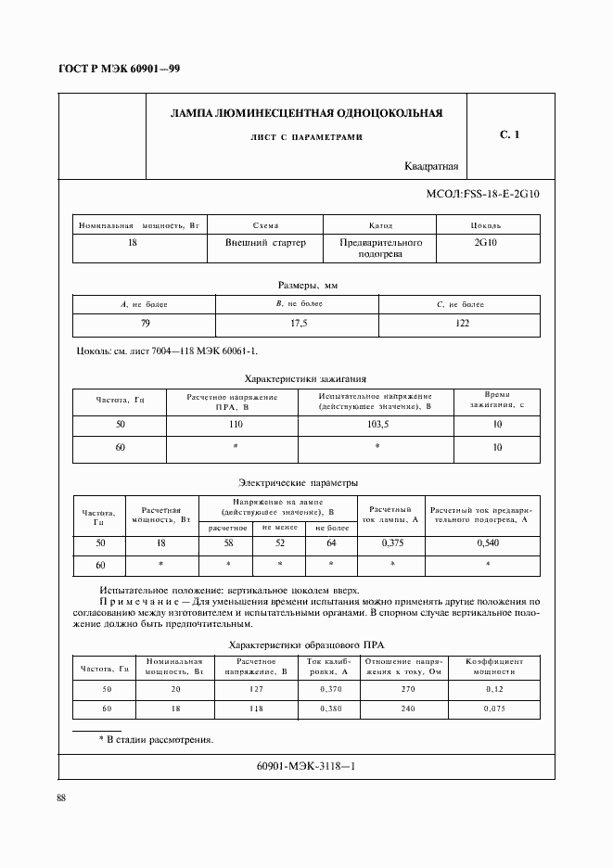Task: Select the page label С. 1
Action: pos(509,135)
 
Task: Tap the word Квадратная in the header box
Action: pos(432,167)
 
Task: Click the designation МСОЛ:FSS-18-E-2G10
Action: pos(481,195)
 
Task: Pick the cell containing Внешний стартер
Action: pos(259,242)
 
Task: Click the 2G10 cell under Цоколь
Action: pos(485,242)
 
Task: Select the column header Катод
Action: pos(381,225)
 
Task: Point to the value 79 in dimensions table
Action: pos(145,323)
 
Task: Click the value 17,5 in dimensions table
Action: pos(298,323)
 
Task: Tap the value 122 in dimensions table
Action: pos(462,323)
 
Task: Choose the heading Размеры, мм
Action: pos(307,286)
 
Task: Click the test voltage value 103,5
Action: pos(377,424)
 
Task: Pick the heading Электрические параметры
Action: pos(299,482)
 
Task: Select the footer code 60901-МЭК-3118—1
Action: pos(305,766)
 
